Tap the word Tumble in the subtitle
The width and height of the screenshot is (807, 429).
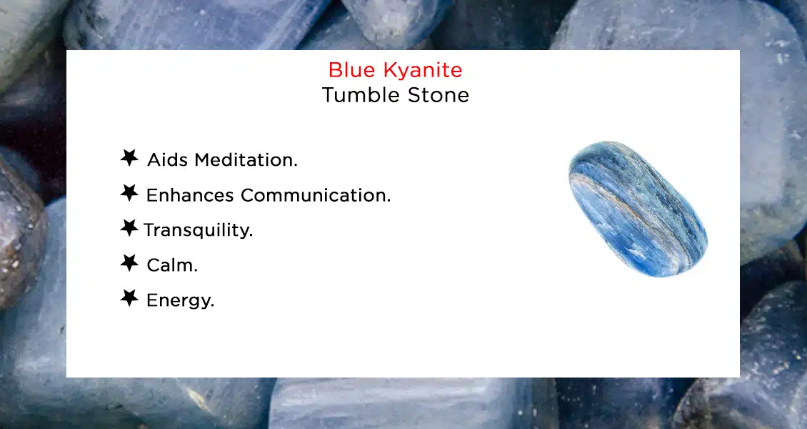354,95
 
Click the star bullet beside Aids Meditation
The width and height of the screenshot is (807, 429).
129,158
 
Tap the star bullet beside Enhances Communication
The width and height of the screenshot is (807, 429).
129,193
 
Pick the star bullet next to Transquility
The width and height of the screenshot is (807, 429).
129,228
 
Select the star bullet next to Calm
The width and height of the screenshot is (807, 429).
129,263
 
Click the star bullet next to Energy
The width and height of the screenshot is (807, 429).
129,298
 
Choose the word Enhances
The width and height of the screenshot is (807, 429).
190,194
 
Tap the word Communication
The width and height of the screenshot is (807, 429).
316,194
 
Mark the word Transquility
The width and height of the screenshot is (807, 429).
198,230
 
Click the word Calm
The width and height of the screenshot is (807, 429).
171,265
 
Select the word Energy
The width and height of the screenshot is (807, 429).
180,301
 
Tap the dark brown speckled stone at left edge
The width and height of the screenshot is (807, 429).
18,236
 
